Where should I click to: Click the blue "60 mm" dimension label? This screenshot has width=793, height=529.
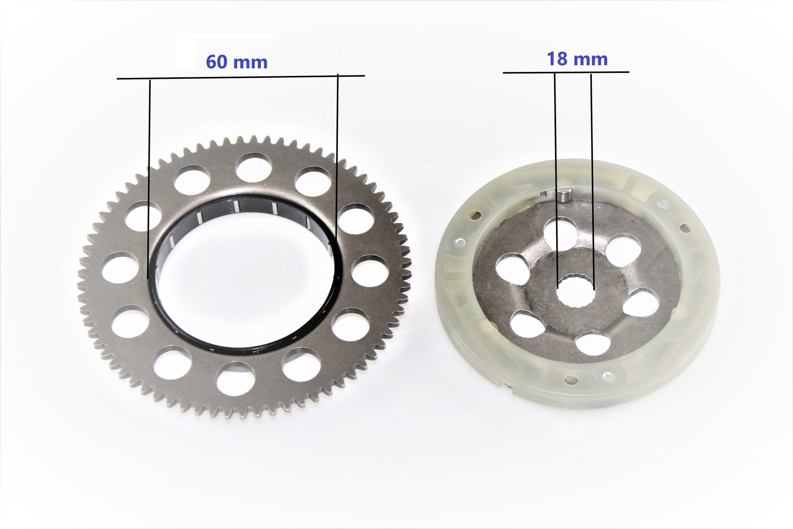click(236, 62)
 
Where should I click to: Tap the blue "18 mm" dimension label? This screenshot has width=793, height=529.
click(577, 59)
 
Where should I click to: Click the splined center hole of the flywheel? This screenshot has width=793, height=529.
click(575, 292)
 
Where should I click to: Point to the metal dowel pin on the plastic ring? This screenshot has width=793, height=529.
click(562, 196)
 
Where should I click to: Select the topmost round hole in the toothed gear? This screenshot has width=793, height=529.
click(254, 168)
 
